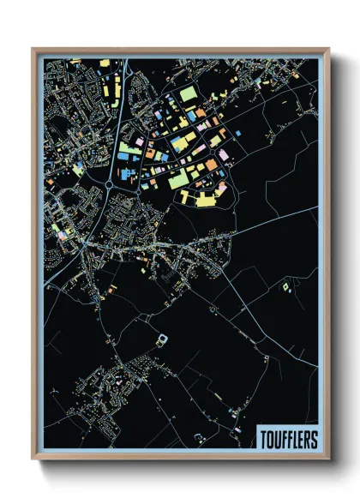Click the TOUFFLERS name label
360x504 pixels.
(286, 438)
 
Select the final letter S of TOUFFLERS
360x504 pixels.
(313, 438)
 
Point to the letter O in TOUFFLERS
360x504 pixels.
(270, 438)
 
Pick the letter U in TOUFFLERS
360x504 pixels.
(276, 438)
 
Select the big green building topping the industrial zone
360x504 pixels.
(189, 92)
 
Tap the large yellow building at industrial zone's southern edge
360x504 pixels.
(203, 198)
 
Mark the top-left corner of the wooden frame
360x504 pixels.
(33, 49)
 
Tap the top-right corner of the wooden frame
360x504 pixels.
(328, 49)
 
